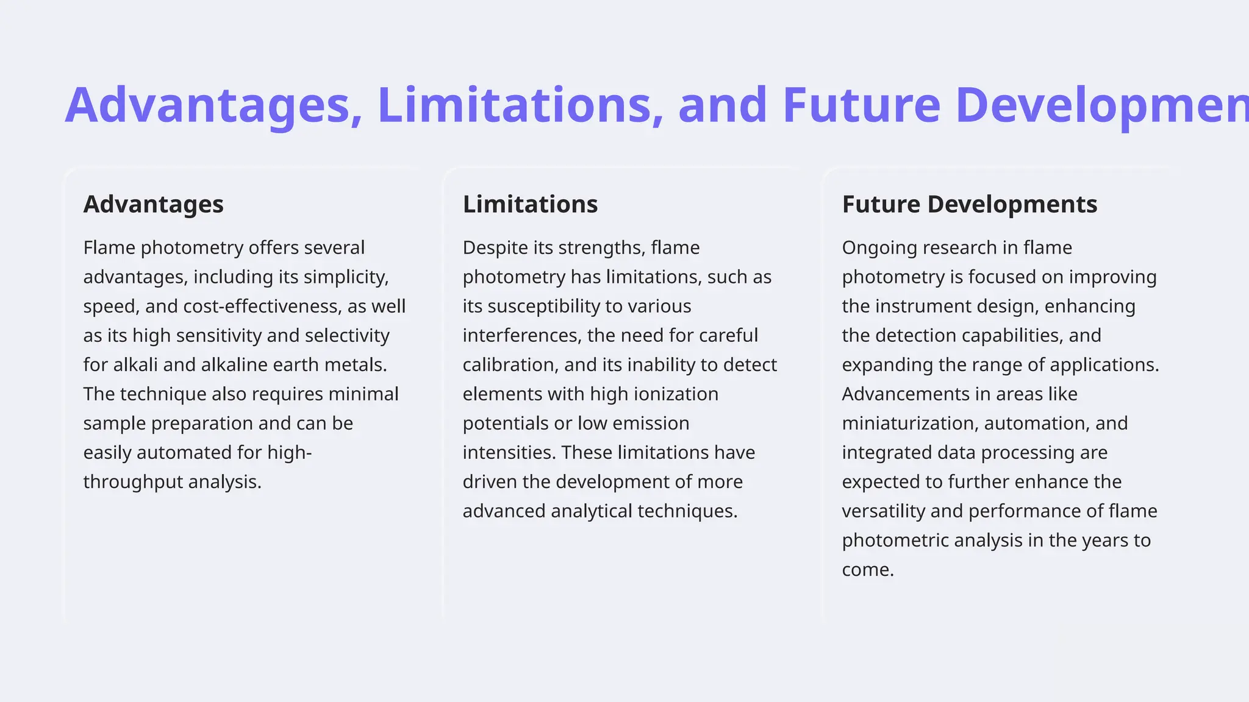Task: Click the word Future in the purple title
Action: click(861, 105)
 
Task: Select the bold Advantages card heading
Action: click(153, 204)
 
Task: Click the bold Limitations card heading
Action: click(530, 204)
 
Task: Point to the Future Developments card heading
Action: click(969, 204)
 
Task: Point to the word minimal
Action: click(363, 394)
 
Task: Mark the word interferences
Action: click(522, 335)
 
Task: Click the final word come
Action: click(867, 570)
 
